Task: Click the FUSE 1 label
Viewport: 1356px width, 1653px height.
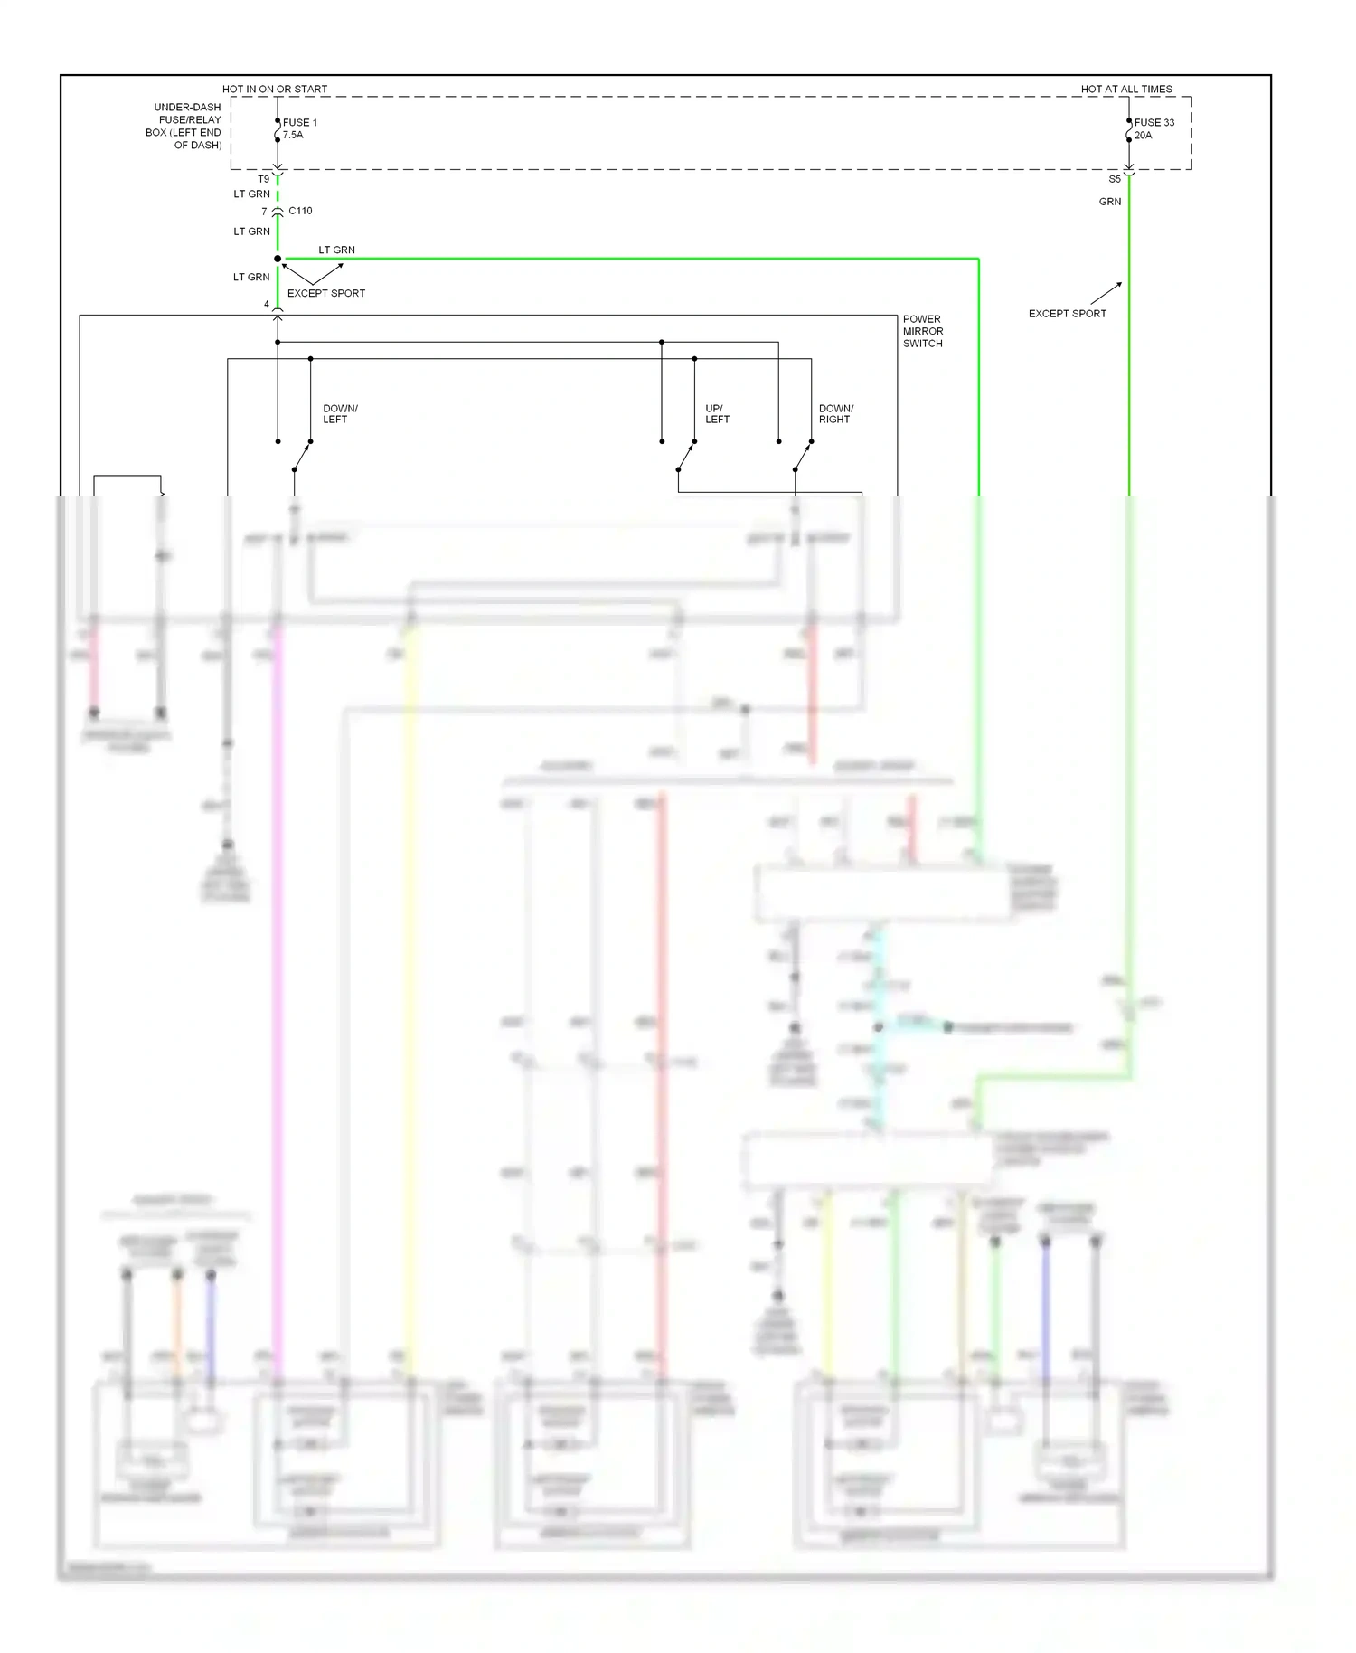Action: point(299,122)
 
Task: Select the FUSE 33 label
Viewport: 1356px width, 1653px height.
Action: point(1154,122)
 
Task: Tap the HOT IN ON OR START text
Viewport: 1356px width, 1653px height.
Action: point(275,89)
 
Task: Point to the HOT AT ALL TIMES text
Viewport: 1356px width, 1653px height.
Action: point(1126,89)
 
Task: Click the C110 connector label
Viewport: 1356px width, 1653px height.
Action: point(300,211)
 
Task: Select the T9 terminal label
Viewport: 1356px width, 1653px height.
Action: point(263,179)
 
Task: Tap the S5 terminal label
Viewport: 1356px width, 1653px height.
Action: point(1115,179)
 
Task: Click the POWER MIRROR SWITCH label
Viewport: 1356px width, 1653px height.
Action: point(922,331)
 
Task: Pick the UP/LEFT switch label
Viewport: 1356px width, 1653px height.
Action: point(717,413)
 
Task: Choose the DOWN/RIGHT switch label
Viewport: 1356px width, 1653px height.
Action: point(835,413)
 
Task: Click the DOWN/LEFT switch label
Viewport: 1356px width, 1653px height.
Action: point(340,413)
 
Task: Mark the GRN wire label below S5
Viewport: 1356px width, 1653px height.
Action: point(1110,202)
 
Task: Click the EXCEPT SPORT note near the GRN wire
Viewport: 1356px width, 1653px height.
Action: point(1067,314)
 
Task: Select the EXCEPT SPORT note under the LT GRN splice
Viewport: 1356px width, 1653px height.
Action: point(325,293)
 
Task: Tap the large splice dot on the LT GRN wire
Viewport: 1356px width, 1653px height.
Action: point(278,259)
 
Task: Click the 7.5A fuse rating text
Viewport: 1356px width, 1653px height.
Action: point(293,135)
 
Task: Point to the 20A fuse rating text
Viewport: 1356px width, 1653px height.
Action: point(1143,135)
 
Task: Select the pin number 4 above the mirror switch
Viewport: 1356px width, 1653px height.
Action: point(266,304)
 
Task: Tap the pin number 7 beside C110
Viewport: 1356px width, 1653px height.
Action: point(264,212)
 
